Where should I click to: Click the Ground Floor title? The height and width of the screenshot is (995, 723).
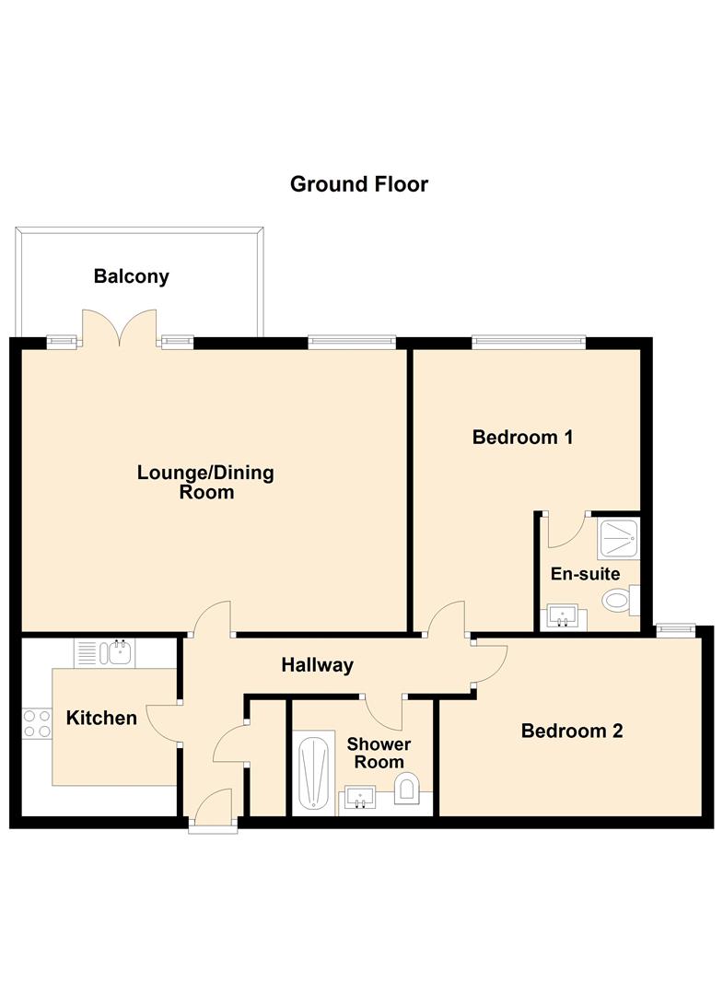(x=358, y=184)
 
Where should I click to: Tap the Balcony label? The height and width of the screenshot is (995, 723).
(x=131, y=275)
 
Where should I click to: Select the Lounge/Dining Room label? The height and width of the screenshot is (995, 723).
(x=205, y=482)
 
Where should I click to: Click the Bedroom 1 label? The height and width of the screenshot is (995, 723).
(x=522, y=437)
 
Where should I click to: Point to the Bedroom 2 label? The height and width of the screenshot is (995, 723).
(x=571, y=731)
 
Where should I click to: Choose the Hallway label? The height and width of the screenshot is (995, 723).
(x=317, y=664)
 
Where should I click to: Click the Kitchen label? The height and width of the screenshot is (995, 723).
(x=101, y=718)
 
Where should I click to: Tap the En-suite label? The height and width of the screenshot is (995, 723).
(x=585, y=573)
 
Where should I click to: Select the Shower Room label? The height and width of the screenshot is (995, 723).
(x=379, y=753)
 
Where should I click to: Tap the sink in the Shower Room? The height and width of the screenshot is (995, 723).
(x=359, y=798)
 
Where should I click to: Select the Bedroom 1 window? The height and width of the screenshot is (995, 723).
(x=529, y=342)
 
